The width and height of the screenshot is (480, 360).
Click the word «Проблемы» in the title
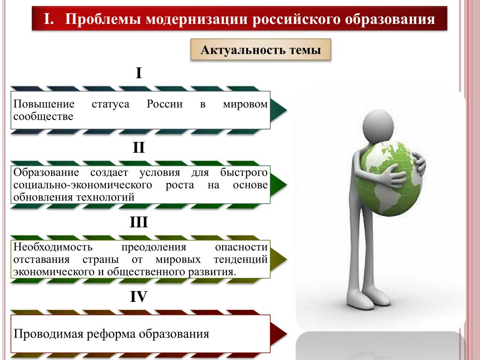point(103,19)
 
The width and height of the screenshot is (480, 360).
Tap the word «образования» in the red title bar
point(390,19)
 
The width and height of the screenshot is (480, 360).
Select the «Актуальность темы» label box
point(261,49)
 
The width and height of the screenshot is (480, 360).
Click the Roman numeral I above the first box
point(139,73)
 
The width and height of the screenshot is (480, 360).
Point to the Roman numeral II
point(139,148)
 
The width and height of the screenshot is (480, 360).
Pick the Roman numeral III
point(139,222)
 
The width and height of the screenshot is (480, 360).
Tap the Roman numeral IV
point(139,297)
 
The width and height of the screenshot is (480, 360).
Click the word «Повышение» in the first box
point(44,104)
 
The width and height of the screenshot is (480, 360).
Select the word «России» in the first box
point(165,104)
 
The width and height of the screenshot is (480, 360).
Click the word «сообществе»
point(43,116)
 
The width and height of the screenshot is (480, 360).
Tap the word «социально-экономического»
point(82,185)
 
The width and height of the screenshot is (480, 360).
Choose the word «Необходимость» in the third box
point(52,247)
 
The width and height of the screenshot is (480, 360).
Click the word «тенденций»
point(240,259)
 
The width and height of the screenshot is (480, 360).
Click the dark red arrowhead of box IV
point(278,334)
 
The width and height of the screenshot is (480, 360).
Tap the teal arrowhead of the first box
point(278,110)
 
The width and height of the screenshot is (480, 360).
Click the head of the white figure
point(378,126)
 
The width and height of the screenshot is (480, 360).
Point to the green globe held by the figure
point(390,179)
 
